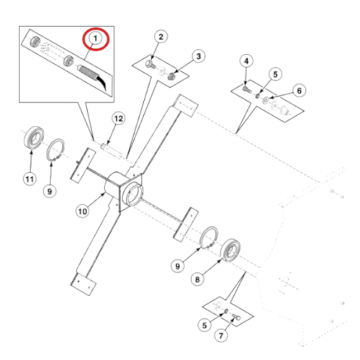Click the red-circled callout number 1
(96, 38)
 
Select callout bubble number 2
(161, 37)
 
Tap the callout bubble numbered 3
(199, 56)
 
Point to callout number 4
(246, 61)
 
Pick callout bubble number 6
(299, 91)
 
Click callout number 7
(221, 336)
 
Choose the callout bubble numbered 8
(197, 279)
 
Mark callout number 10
(83, 212)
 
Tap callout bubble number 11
(30, 179)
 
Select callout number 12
(119, 119)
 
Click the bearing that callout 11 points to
(34, 138)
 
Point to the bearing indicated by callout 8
(230, 250)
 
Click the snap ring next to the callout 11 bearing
(55, 150)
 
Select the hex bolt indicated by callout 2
(150, 64)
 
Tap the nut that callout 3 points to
(171, 76)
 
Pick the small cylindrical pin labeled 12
(112, 150)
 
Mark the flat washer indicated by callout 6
(266, 100)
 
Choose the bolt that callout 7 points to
(236, 317)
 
